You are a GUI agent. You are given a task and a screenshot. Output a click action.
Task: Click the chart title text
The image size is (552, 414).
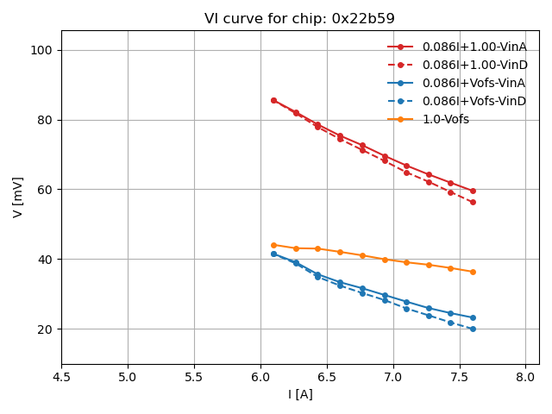click(x=299, y=19)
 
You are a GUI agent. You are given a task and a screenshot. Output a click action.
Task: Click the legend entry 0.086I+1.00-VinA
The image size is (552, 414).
click(x=474, y=47)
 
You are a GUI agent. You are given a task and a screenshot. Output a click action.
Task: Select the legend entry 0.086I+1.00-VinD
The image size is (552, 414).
click(x=474, y=65)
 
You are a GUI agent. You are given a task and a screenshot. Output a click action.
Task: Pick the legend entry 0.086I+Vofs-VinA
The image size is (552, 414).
click(x=474, y=83)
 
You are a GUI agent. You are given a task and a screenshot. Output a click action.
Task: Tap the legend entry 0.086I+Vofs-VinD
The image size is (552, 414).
click(x=474, y=101)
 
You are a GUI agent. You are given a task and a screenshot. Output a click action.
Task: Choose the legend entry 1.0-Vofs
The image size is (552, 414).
click(x=445, y=119)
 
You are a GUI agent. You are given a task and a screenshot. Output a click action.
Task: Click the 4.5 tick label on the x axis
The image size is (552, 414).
click(x=61, y=378)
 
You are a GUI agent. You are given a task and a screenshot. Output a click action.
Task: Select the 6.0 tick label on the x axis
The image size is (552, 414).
click(x=260, y=378)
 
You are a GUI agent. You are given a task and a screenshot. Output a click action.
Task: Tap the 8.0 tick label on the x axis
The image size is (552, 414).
click(x=525, y=378)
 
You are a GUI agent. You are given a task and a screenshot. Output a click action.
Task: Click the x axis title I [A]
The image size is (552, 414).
click(x=300, y=394)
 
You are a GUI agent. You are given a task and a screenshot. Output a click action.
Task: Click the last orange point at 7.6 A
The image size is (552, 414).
click(x=473, y=272)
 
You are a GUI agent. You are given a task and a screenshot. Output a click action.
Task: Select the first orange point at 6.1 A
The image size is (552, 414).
click(x=273, y=245)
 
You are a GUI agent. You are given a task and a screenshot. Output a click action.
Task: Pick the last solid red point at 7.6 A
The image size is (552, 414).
click(x=473, y=191)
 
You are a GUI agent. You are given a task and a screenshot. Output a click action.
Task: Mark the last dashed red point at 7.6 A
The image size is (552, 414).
click(x=473, y=202)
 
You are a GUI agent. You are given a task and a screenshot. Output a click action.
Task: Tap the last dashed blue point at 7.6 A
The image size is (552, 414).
click(x=473, y=329)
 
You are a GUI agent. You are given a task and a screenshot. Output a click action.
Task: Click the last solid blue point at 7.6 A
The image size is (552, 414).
click(x=473, y=317)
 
